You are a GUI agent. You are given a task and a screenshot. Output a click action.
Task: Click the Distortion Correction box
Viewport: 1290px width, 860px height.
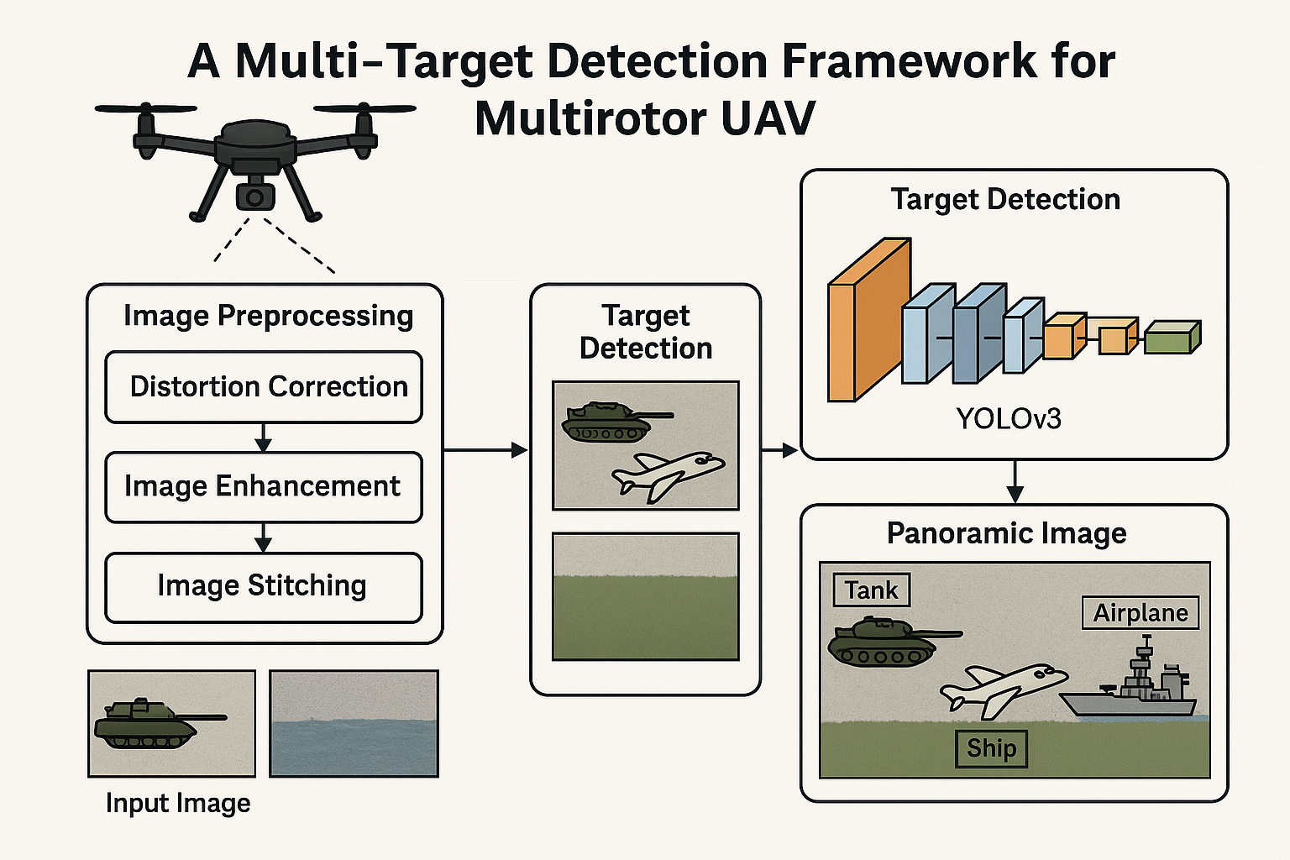point(264,387)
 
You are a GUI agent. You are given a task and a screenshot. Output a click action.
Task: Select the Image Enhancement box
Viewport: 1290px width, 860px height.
point(264,487)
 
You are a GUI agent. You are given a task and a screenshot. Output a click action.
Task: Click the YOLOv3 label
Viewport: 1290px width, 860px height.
point(1009,419)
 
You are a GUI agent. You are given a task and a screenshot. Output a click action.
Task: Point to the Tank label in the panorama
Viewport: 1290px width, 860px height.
point(871,590)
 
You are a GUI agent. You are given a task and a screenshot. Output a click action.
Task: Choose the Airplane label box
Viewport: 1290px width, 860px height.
point(1141,613)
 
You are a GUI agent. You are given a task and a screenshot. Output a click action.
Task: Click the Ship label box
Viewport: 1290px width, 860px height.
point(991,749)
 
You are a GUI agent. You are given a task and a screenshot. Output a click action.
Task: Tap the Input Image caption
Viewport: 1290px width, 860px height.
point(178,803)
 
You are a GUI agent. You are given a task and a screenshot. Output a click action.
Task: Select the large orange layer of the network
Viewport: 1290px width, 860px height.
point(869,320)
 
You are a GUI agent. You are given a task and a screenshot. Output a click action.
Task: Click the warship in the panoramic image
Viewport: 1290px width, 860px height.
point(1129,679)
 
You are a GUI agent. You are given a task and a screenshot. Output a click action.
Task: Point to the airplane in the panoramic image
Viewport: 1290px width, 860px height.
point(1003,690)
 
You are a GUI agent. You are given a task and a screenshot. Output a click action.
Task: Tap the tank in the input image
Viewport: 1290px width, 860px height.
point(160,723)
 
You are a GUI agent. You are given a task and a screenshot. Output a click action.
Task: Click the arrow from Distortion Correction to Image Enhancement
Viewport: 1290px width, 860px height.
point(263,438)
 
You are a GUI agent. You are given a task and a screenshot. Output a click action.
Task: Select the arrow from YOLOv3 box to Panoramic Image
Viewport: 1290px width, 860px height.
point(1015,481)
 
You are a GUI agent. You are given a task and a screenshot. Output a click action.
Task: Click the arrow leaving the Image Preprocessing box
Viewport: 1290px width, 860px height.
point(485,450)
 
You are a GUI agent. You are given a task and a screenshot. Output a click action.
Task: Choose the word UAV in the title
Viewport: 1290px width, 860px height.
point(767,118)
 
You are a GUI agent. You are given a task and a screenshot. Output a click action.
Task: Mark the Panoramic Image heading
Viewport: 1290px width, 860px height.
point(1007,533)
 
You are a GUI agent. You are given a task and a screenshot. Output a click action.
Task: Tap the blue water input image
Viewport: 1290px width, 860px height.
point(354,723)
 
